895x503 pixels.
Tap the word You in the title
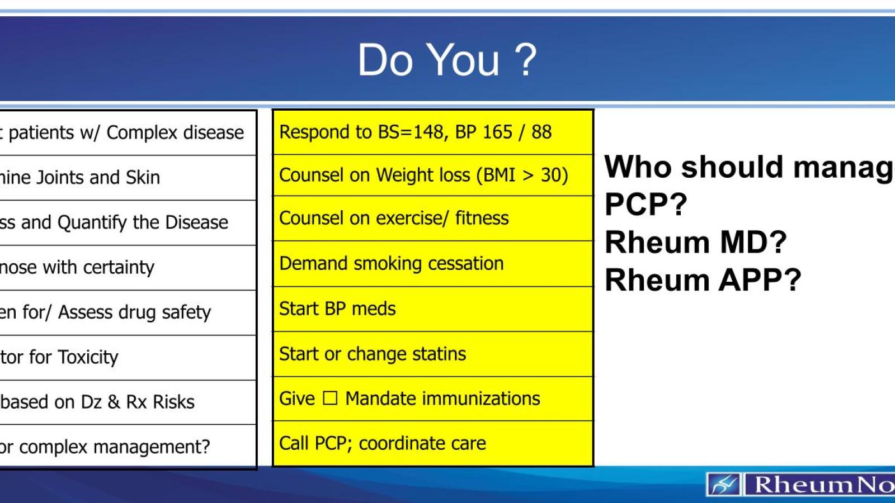coord(463,60)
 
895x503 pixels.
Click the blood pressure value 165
coord(497,132)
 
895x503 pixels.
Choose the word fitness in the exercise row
coord(482,218)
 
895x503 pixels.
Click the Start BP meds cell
coord(337,309)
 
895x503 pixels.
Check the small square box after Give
coord(330,398)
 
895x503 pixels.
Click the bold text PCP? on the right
coord(646,205)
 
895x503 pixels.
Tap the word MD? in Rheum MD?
coord(753,243)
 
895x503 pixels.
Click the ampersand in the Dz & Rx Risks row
coord(114,402)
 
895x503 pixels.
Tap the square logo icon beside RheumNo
coord(724,484)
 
